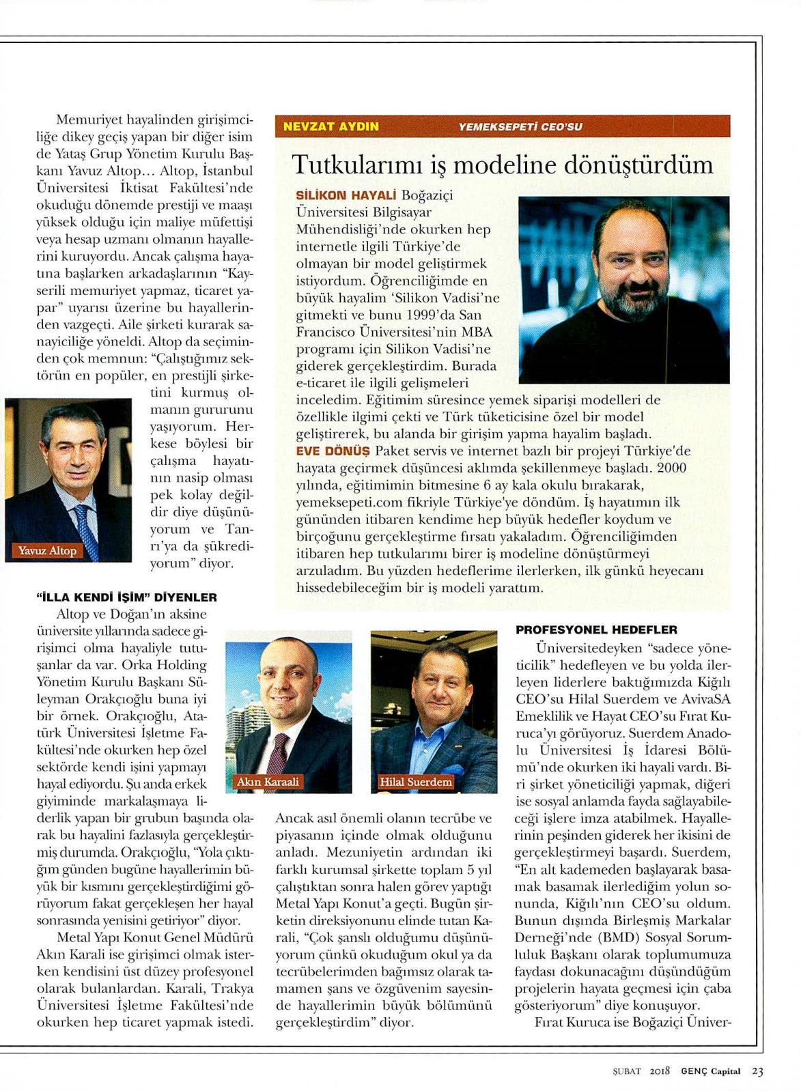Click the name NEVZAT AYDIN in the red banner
pos(331,126)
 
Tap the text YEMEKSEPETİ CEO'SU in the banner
pos(520,126)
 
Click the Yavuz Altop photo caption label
pos(48,550)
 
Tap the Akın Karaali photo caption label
pos(268,782)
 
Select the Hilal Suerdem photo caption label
pos(416,782)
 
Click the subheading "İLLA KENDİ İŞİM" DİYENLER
pos(126,597)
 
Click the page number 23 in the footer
pos(757,1071)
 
